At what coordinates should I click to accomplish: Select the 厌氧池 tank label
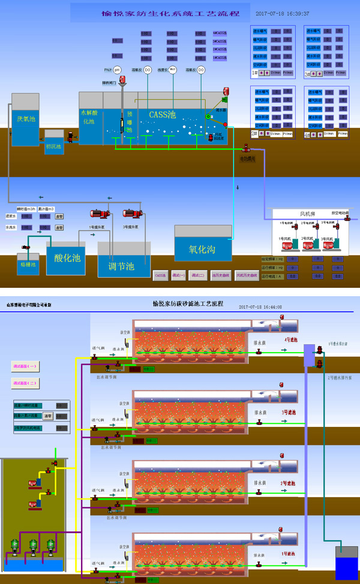pyautogui.click(x=25, y=119)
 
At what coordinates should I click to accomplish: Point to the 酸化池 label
pyautogui.click(x=67, y=258)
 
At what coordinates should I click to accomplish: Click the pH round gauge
pyautogui.click(x=117, y=70)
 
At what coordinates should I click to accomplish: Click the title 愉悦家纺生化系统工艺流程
pyautogui.click(x=154, y=13)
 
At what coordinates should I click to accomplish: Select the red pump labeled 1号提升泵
pyautogui.click(x=98, y=213)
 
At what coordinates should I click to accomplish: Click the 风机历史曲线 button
pyautogui.click(x=246, y=276)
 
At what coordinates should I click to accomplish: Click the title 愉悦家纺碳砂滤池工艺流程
pyautogui.click(x=188, y=304)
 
